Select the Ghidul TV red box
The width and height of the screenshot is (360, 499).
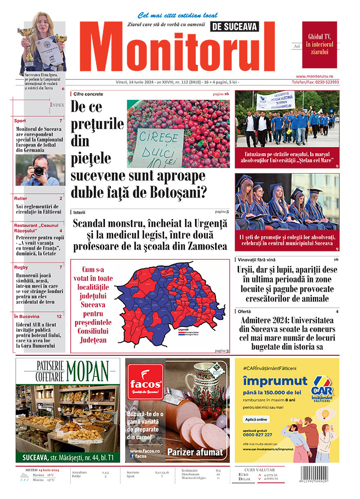point(319,44)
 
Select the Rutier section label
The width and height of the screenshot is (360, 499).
point(21,199)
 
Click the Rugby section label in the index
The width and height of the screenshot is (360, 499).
point(21,267)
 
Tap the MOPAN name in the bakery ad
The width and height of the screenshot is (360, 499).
point(87,371)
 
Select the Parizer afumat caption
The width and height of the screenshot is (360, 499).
point(194,452)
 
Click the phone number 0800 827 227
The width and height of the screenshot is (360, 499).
point(258,434)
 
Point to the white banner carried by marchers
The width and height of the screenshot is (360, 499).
point(275,100)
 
